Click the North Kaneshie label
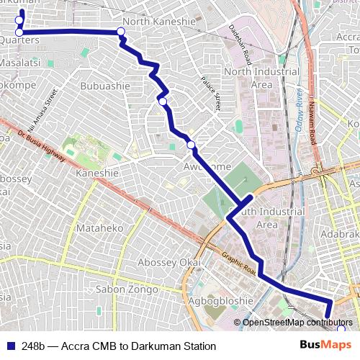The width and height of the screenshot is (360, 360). pos(159,22)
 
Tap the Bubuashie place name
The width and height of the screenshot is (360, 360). pos(105,86)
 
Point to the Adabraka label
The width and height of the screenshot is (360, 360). pos(341,235)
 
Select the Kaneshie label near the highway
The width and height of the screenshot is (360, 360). pos(96,174)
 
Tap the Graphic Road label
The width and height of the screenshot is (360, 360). pos(238,266)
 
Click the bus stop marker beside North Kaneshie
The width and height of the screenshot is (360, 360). pos(121,31)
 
